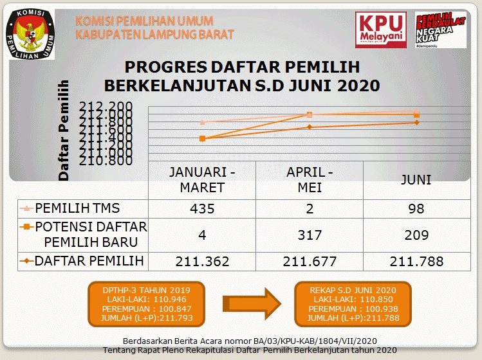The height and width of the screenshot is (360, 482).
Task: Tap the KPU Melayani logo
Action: tap(380, 30)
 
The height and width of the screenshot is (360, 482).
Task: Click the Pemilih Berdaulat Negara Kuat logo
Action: tap(440, 30)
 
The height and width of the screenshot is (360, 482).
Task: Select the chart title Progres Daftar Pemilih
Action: tap(242, 76)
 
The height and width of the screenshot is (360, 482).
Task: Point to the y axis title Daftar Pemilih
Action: tap(63, 129)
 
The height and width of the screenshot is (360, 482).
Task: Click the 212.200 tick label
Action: tap(106, 107)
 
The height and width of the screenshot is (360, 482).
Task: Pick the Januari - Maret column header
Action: tap(201, 180)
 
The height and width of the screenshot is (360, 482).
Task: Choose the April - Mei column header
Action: tap(310, 180)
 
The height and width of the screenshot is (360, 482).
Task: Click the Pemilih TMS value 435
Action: tap(201, 209)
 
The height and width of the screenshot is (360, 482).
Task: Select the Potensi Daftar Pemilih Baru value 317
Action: tap(310, 235)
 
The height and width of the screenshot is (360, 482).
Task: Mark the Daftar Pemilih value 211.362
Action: tap(201, 261)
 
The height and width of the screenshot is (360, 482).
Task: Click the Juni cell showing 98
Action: tap(416, 209)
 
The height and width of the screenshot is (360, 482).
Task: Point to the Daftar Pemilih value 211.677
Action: tap(310, 261)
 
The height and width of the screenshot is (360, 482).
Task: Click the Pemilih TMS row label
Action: tap(77, 208)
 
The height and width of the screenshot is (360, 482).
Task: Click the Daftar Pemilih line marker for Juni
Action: tap(417, 122)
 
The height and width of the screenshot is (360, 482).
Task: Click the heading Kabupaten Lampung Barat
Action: tap(154, 34)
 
